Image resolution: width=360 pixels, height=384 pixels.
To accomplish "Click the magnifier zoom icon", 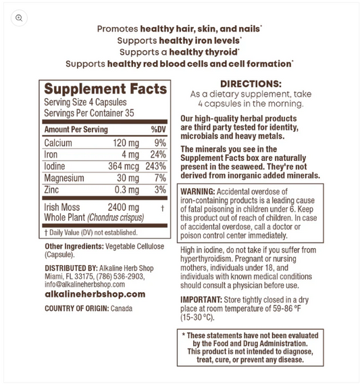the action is (x=19, y=18).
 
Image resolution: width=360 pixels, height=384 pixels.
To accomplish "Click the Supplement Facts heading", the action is (x=105, y=89).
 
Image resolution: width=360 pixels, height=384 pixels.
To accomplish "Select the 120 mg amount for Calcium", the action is (x=126, y=143).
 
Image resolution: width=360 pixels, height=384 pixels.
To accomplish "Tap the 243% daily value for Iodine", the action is (x=155, y=166).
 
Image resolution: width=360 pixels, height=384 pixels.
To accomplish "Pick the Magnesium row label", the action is (x=64, y=178).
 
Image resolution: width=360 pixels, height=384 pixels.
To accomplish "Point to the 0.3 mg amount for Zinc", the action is (x=126, y=190).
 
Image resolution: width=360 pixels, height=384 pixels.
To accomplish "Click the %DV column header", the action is (x=158, y=129).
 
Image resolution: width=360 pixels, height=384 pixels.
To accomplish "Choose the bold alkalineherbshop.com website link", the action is (x=95, y=294).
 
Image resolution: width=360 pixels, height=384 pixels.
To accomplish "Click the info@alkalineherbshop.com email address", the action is (x=86, y=284).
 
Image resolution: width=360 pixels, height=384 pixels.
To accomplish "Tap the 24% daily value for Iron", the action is (x=158, y=155).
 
